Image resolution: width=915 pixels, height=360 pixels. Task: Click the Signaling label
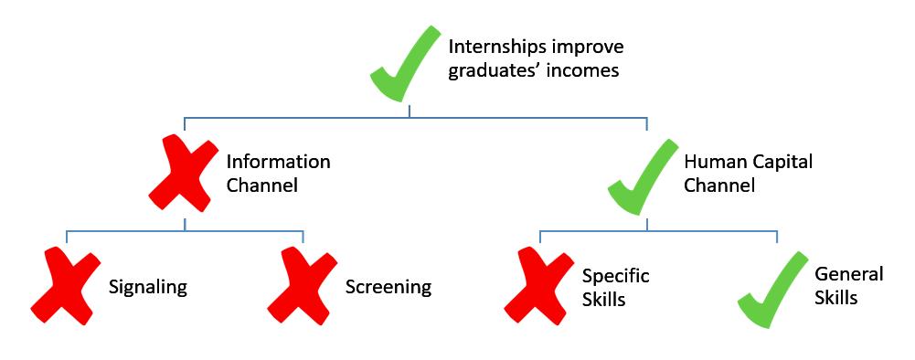point(147,287)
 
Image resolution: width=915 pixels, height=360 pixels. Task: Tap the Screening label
point(388,287)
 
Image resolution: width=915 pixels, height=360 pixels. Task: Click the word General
point(849,275)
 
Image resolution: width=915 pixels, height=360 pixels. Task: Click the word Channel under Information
point(261,185)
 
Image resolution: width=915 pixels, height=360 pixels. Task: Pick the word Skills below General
point(836,298)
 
